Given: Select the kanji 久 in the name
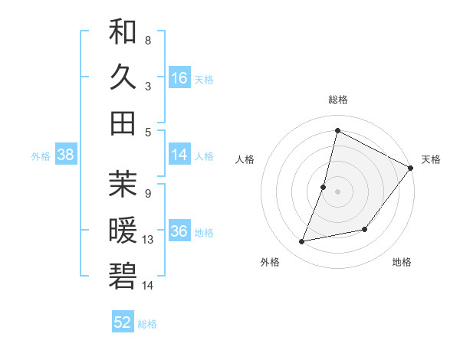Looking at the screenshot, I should point(123,77).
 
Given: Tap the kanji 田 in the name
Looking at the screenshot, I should point(123,123).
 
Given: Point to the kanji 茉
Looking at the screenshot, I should point(123,183).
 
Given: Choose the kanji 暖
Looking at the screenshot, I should point(123,229).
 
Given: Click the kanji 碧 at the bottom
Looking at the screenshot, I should point(123,275).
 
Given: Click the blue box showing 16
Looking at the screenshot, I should point(179,77).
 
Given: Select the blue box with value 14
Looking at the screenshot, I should point(179,155).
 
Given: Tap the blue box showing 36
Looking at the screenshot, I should point(179,231).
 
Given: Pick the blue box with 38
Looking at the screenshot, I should point(66,155).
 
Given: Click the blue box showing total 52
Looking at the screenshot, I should point(123,322).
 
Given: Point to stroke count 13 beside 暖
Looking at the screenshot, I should point(148,240).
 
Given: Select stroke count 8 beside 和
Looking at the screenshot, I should point(147,40).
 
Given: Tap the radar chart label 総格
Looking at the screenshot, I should point(337,100).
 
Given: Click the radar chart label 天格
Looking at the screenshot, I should point(431,159).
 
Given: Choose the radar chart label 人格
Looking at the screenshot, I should point(245,159).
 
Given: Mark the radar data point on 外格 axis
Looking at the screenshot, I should point(302,242).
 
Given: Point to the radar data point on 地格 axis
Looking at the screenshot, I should point(366,229).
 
